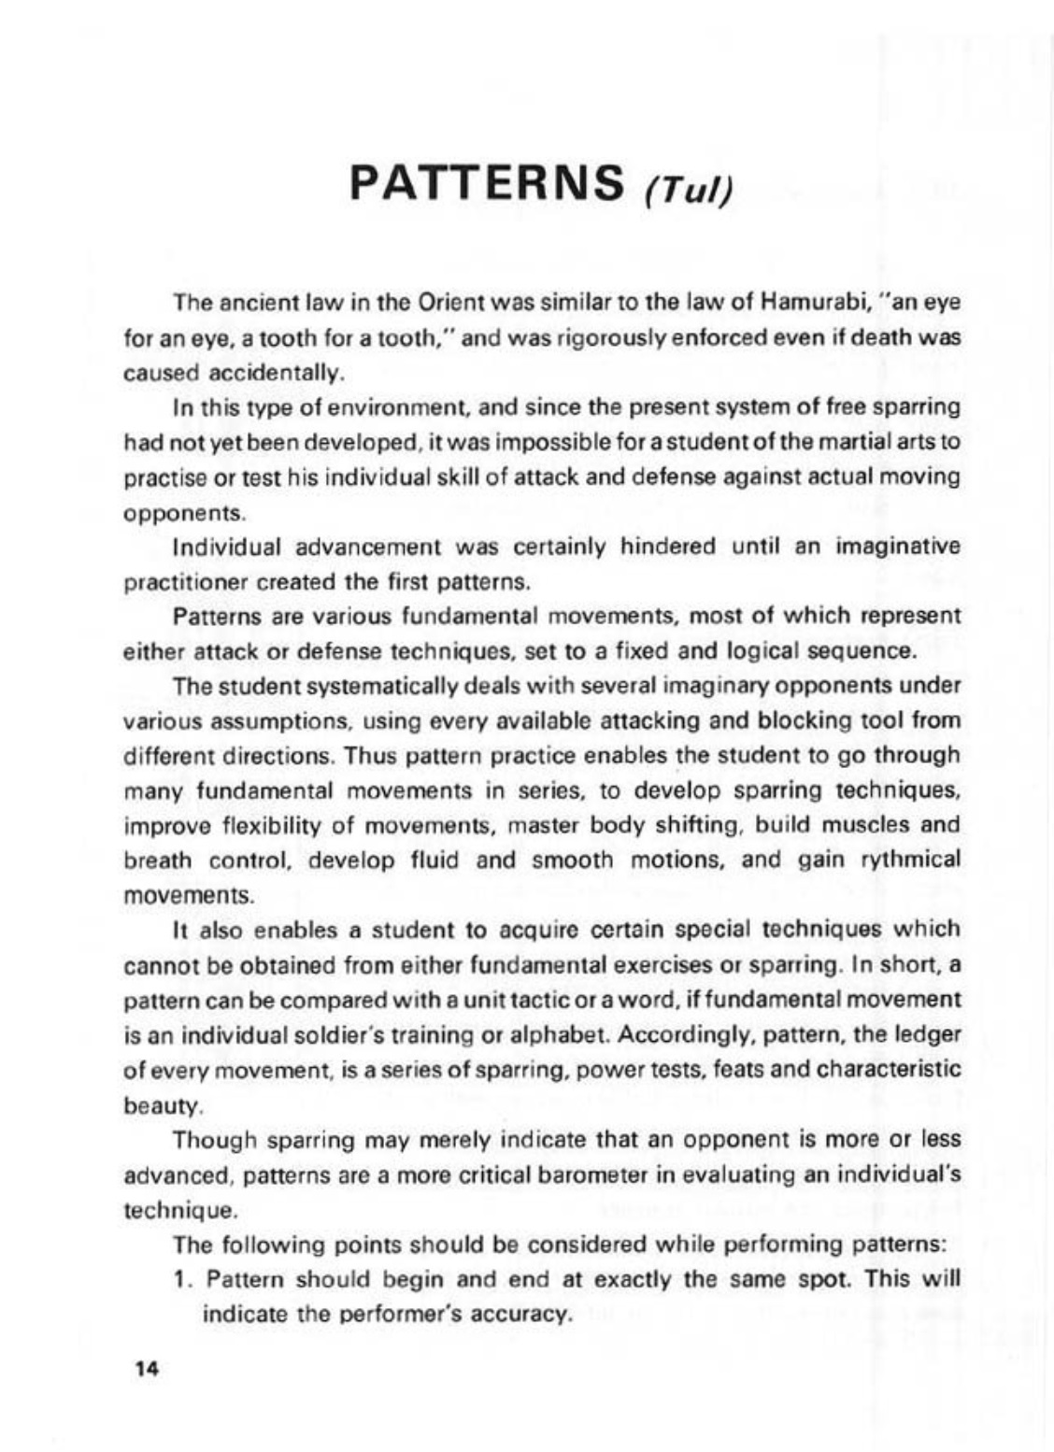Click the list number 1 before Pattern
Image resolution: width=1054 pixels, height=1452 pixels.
pyautogui.click(x=183, y=1279)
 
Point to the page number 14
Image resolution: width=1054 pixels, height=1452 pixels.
pyautogui.click(x=149, y=1370)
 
